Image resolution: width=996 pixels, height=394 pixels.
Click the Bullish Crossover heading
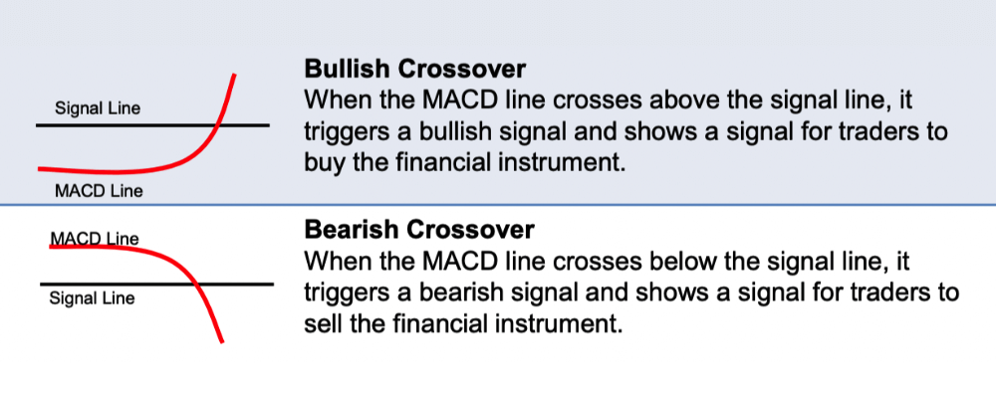(414, 70)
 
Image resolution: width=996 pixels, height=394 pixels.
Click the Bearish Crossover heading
(418, 230)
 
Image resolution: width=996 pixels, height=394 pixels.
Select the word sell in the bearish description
(323, 323)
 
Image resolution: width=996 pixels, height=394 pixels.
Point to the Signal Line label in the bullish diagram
(98, 107)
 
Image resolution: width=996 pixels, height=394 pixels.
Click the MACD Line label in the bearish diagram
(94, 238)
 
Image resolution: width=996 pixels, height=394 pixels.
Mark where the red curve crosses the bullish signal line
(217, 125)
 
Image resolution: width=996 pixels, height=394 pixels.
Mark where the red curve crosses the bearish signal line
(198, 285)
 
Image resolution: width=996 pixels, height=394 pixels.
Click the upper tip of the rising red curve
(235, 75)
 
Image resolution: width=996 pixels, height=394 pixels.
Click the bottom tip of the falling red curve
(221, 342)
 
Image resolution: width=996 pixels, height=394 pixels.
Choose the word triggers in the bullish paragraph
(345, 131)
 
